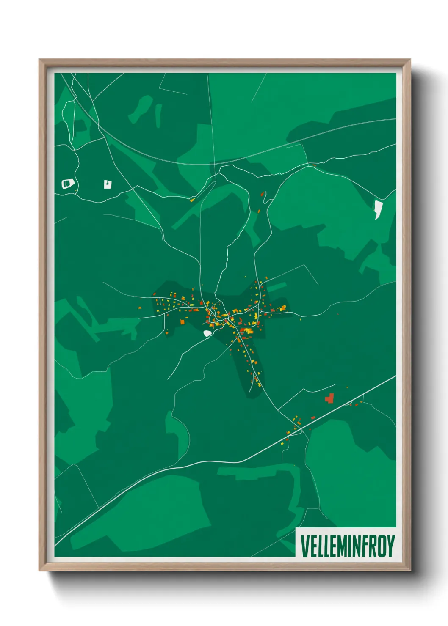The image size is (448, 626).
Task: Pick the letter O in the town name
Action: (x=381, y=546)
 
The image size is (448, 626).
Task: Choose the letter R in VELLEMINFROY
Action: (x=372, y=546)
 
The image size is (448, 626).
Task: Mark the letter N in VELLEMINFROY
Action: (x=355, y=546)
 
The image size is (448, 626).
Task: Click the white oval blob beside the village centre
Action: (x=207, y=334)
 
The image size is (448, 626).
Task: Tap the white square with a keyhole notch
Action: (x=108, y=184)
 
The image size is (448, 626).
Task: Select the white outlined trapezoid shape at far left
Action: (x=68, y=184)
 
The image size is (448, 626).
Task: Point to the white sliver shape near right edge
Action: (x=377, y=210)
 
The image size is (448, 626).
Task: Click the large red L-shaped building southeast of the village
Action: (x=329, y=398)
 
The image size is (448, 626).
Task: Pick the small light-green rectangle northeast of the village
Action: (x=277, y=288)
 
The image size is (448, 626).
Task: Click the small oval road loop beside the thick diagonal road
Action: (x=348, y=403)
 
